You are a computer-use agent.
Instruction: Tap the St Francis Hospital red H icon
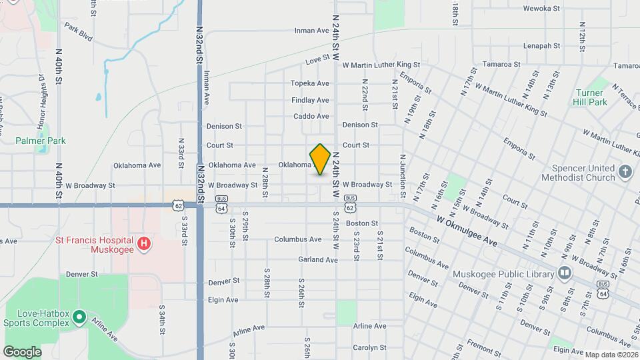pos(143,244)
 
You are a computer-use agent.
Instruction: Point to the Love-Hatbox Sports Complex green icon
pos(79,316)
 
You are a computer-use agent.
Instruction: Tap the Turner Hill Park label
pos(590,97)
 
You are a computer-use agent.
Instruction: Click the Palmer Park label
pos(41,141)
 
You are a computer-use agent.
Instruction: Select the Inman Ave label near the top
pos(313,31)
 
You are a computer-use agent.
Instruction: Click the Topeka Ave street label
pos(310,83)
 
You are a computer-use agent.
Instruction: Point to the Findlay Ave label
pos(310,100)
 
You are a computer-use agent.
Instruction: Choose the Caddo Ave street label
pos(311,116)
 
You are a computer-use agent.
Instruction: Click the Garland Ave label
pos(318,259)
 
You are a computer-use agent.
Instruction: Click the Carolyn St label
pos(370,347)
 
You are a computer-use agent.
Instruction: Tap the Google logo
pos(22,351)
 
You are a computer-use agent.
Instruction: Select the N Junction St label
pos(403,177)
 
